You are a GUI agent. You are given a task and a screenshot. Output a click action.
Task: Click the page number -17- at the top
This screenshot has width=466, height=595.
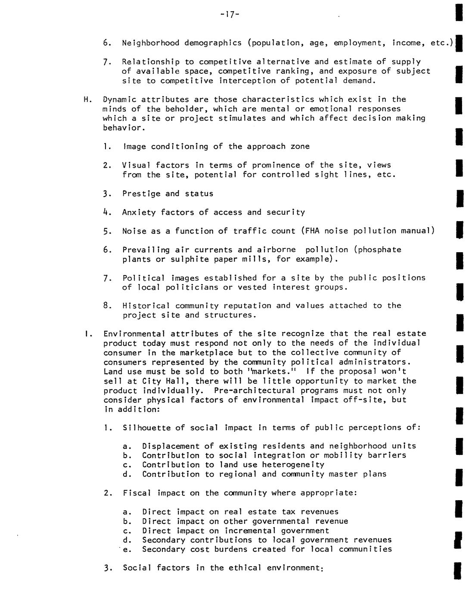coord(229,15)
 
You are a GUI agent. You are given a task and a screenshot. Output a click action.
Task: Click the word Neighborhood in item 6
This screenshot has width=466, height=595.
coord(151,43)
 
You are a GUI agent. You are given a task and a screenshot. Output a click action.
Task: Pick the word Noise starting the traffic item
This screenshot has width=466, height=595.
coord(134,231)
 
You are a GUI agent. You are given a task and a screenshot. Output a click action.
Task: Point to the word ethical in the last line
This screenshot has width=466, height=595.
coord(248,568)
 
